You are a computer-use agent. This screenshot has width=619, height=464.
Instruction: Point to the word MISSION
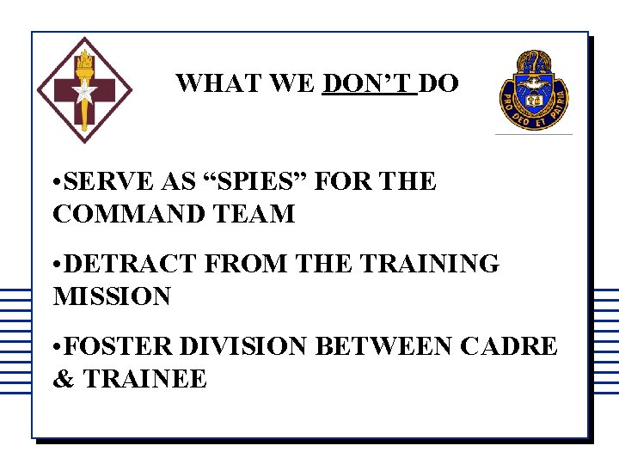tap(112, 296)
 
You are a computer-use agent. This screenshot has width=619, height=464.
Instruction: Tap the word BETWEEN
tap(385, 347)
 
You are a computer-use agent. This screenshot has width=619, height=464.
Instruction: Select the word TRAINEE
tap(145, 379)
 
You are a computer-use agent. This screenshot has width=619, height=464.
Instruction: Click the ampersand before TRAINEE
tap(64, 379)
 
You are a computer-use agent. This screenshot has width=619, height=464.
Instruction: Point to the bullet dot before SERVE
tap(57, 183)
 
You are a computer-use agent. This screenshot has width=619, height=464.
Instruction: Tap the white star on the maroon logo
tap(83, 93)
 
